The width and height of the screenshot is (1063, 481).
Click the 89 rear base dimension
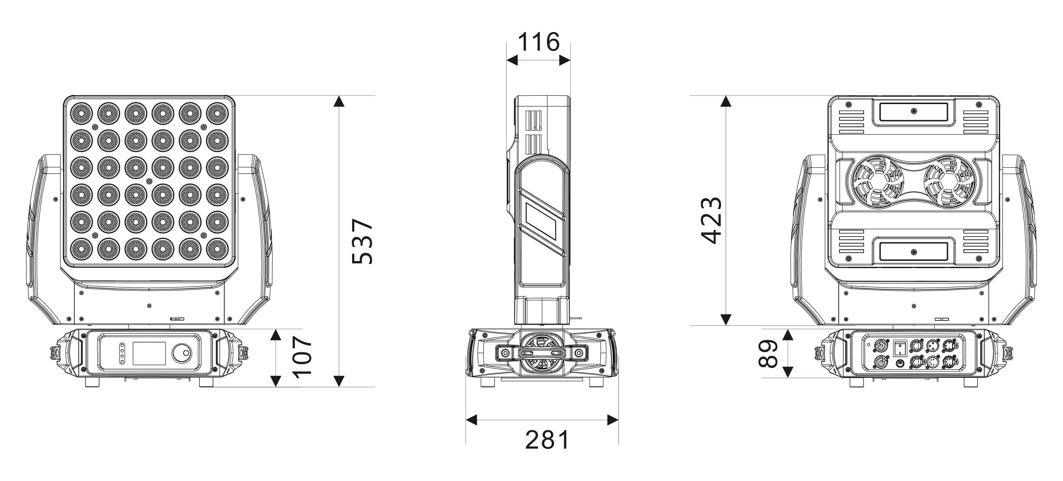coord(768,353)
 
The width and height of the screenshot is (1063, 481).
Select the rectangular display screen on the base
coord(149,353)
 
